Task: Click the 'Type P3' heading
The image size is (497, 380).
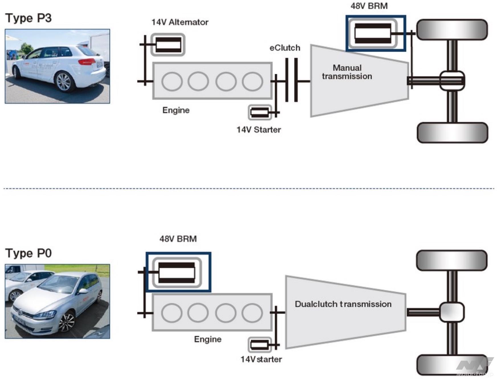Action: [28, 18]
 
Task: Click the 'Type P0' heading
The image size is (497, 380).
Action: [28, 253]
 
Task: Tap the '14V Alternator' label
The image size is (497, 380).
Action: [180, 22]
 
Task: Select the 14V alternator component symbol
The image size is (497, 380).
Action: [168, 45]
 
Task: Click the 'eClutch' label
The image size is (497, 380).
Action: [285, 48]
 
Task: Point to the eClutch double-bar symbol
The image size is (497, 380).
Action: [291, 80]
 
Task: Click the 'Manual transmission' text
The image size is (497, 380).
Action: [347, 72]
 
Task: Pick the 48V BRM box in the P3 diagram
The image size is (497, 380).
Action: [375, 33]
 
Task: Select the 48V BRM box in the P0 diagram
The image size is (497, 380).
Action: [178, 272]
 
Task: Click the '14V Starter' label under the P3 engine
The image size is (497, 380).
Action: [259, 130]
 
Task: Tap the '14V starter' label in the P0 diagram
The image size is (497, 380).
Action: [261, 359]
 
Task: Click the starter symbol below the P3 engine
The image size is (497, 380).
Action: [260, 112]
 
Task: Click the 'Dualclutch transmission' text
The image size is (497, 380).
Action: [343, 304]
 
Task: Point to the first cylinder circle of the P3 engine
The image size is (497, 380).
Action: [172, 82]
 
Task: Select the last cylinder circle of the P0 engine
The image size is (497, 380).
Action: [252, 313]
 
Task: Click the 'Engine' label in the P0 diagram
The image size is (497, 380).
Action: [208, 339]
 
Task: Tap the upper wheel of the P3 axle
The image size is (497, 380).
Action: [452, 30]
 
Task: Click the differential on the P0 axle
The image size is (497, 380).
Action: [452, 312]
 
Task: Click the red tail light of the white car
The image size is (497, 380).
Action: [87, 61]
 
